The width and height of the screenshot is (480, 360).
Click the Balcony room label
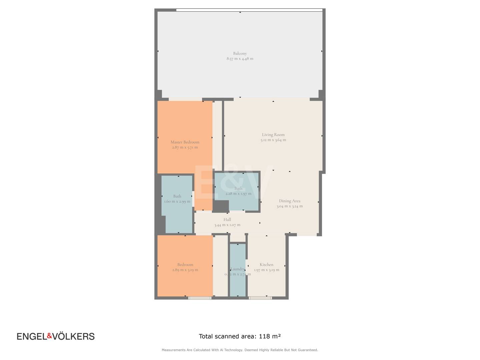coord(240,53)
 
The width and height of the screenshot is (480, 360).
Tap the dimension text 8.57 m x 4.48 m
coord(240,59)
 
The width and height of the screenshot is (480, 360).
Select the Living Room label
coord(273,135)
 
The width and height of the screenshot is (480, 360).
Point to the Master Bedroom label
coord(185,142)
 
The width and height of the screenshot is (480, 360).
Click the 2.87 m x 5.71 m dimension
coord(185,147)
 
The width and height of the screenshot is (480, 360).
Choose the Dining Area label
coord(289,201)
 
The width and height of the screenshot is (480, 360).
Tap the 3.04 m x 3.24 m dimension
coord(289,206)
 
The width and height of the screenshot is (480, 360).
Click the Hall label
coord(227,219)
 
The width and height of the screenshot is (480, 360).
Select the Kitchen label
coord(266,264)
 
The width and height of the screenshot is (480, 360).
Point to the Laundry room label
coord(237,269)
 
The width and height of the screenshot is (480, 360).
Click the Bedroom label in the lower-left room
coord(185,264)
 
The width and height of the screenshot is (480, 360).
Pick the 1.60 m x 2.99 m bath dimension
coord(177,201)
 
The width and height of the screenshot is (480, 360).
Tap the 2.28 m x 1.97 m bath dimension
coord(238,193)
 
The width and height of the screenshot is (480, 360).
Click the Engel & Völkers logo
coord(56,336)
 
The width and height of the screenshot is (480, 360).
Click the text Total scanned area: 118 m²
coord(240,336)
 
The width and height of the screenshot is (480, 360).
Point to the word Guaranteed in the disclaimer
coord(308,350)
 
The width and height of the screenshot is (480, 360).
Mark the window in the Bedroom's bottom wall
coord(200,298)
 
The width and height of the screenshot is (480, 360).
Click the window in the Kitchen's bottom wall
coord(260,298)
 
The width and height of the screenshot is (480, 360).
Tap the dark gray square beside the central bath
coord(221,206)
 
